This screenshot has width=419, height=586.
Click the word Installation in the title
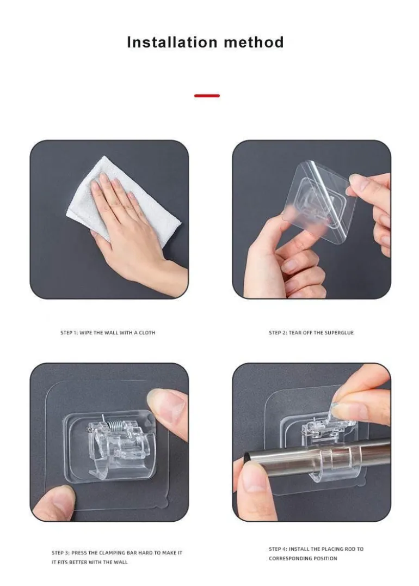pos(172,42)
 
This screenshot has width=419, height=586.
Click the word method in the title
pos(254,42)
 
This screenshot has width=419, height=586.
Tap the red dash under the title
pos(207,96)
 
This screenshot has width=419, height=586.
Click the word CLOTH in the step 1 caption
pos(147,333)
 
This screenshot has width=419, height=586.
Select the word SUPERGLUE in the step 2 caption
pos(339,333)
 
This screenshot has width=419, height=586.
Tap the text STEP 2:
pos(278,333)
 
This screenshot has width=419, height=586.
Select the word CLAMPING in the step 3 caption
pos(114,553)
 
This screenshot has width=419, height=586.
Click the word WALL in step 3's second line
pos(121,562)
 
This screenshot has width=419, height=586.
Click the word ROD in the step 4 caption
pos(350,549)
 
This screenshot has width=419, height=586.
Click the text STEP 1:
pos(69,333)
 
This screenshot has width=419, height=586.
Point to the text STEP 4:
pos(278,549)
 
